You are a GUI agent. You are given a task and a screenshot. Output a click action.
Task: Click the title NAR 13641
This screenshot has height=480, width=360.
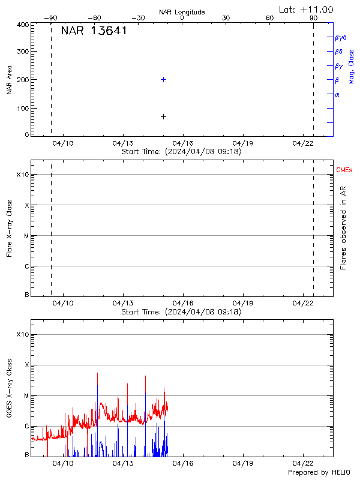click(94, 31)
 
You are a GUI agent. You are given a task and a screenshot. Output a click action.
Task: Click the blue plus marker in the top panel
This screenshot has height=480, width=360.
click(163, 79)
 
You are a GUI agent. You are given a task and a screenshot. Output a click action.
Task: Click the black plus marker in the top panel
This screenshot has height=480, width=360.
click(163, 116)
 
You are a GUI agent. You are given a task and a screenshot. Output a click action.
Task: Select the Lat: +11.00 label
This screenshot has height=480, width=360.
click(307, 10)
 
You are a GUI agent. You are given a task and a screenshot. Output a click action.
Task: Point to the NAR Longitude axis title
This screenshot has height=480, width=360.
click(182, 12)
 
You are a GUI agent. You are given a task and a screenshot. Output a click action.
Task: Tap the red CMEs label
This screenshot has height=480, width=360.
click(345, 171)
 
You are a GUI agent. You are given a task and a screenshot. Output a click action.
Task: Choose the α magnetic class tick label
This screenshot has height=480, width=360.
click(337, 94)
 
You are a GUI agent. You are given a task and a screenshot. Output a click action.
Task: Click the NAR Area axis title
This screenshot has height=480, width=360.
click(10, 79)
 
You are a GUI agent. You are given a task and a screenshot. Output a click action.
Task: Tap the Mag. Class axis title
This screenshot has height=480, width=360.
click(352, 66)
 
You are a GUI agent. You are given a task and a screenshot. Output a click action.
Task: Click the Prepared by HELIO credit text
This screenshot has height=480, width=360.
click(319, 473)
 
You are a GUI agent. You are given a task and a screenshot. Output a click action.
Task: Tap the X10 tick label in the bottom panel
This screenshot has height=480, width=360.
click(23, 334)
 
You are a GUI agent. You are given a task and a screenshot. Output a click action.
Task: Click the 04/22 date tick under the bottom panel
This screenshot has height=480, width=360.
click(302, 463)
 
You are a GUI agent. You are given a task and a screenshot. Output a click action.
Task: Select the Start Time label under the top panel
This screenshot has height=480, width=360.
click(181, 152)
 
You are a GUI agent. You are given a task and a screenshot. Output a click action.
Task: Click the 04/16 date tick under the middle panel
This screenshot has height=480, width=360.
click(182, 304)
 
